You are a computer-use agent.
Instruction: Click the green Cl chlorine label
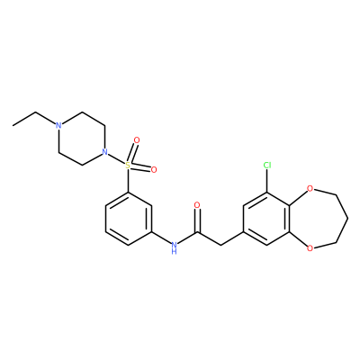coord(267,165)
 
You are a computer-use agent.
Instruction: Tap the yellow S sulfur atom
coord(128,165)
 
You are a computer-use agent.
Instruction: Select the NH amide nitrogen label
coord(174,247)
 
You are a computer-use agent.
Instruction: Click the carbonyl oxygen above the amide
coord(197,205)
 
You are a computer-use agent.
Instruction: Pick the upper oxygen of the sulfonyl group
coord(137,140)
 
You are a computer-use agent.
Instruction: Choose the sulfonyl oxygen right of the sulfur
coord(154,170)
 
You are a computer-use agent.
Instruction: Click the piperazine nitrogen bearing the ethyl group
coord(58,125)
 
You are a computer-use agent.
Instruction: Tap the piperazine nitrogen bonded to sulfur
coord(104,152)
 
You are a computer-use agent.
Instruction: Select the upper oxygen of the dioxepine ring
coord(310,189)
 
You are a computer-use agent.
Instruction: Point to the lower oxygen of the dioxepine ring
coord(310,248)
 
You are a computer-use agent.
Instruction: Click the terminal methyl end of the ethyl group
coord(13,125)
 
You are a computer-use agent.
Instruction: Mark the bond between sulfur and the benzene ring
coord(128,180)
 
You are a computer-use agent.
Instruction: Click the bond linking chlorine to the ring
coord(267,181)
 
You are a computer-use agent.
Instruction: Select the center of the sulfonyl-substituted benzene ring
coord(129,219)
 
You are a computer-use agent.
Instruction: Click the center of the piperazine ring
coord(82,139)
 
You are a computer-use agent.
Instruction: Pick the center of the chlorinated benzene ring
coord(266,219)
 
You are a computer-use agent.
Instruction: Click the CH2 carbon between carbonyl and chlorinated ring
coord(220,245)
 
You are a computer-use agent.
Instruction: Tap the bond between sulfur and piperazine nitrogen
coord(116,158)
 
